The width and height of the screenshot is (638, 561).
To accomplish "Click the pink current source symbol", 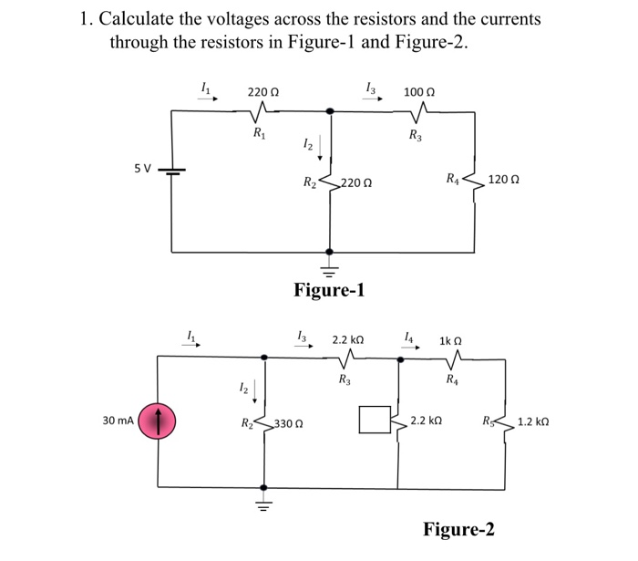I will (159, 421).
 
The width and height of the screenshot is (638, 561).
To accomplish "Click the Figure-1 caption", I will (329, 290).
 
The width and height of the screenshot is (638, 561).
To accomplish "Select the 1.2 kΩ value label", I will (532, 422).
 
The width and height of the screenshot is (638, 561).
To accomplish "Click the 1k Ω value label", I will (452, 340).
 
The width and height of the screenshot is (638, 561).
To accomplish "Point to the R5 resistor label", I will (489, 421).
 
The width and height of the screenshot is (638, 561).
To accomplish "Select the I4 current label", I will (410, 338).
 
